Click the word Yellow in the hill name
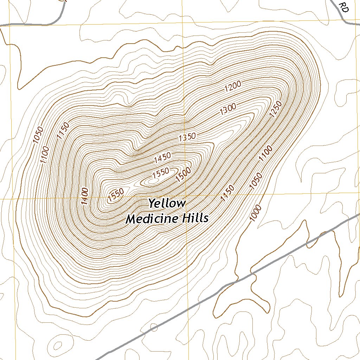point(167,203)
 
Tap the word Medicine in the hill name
point(149,219)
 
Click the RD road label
point(344,8)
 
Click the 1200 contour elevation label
point(233,86)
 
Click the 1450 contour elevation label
point(162,158)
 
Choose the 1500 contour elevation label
point(183,175)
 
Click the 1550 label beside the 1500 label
point(161,173)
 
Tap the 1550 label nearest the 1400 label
point(116,195)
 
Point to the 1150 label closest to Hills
point(227,194)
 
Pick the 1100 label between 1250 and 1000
point(265,155)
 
